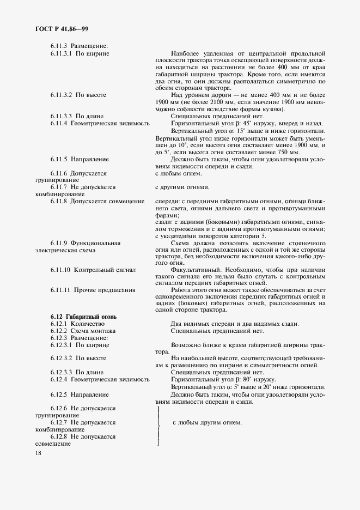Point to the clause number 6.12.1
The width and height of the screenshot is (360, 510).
(x=58, y=324)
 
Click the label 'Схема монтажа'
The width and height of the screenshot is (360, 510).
(x=93, y=331)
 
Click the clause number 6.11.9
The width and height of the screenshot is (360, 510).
(x=58, y=242)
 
